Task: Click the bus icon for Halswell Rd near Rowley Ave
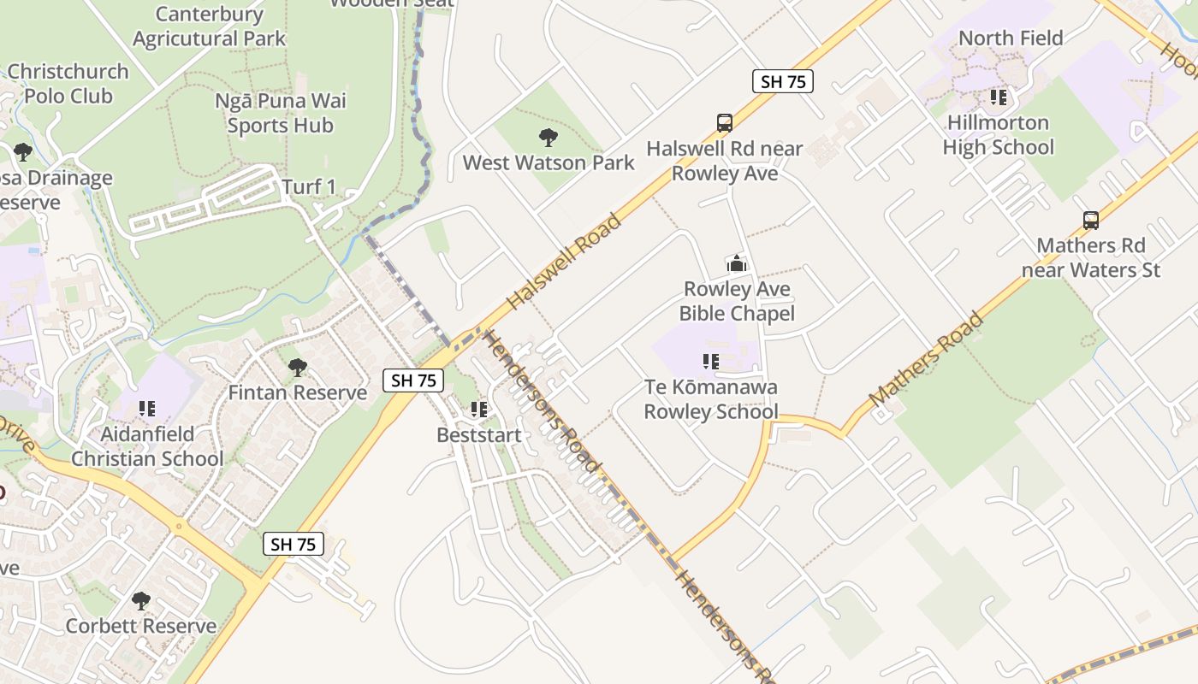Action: (725, 123)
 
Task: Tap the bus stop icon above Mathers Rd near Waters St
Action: (1091, 221)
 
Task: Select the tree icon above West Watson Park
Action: (548, 138)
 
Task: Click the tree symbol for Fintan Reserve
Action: (298, 368)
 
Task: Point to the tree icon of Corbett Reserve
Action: (141, 601)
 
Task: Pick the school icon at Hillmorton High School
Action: (998, 97)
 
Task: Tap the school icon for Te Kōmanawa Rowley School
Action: (710, 362)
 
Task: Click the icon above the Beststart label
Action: (479, 410)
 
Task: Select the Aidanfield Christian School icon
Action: (147, 409)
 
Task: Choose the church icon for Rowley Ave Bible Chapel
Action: (737, 263)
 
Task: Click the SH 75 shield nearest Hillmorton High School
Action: (782, 81)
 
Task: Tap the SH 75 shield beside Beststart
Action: (414, 380)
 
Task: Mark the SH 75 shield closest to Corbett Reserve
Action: (294, 544)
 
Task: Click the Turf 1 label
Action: (309, 187)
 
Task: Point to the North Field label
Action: (1011, 38)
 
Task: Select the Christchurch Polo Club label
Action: (68, 84)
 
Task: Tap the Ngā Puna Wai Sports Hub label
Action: (281, 113)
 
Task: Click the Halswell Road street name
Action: (564, 262)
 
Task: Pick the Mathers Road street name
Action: (926, 360)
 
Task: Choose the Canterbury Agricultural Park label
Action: (210, 27)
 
